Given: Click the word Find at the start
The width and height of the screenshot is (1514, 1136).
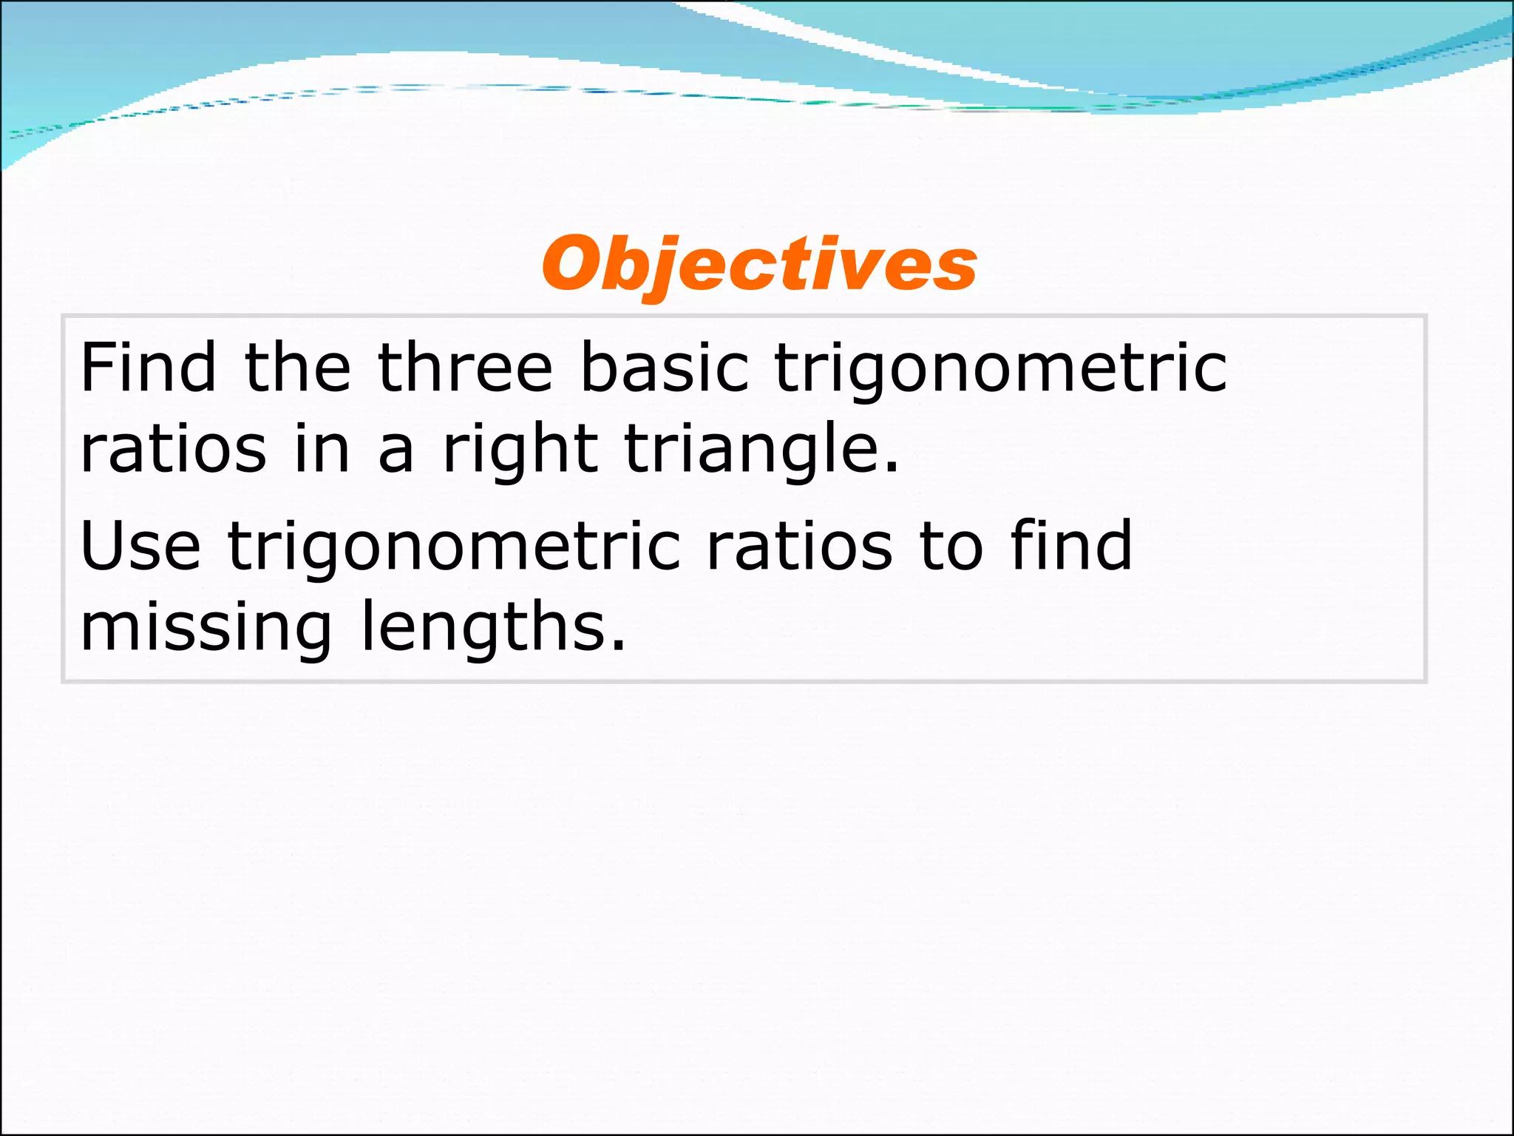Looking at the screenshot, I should [x=148, y=368].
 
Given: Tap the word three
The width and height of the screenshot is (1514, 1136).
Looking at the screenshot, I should [x=465, y=368].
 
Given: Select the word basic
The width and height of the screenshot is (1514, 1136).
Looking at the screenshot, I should [x=665, y=368].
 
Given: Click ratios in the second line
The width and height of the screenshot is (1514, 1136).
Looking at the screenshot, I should [x=173, y=449].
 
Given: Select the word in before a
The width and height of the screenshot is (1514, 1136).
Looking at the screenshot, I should [x=322, y=449].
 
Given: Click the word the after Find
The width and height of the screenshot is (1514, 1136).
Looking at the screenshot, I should [x=297, y=368].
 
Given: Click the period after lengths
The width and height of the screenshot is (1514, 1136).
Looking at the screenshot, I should [x=619, y=646].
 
